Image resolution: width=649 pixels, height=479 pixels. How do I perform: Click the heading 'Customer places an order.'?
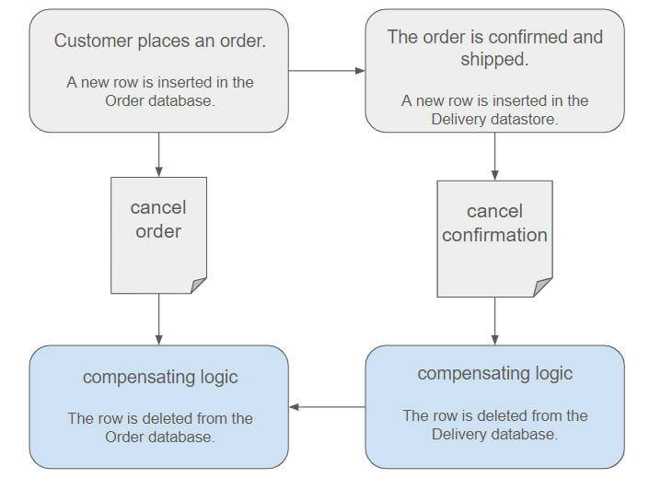(x=160, y=41)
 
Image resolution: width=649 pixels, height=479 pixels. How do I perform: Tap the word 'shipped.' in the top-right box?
(x=494, y=59)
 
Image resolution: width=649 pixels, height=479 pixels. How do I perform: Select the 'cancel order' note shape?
(x=158, y=236)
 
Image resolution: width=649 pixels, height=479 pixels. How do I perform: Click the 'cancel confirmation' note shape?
(x=494, y=239)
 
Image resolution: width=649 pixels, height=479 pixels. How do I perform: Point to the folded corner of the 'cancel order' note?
(x=199, y=286)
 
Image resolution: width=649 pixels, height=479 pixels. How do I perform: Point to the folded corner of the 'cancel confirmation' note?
(x=543, y=287)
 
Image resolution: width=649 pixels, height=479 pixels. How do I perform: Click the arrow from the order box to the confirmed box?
(x=327, y=71)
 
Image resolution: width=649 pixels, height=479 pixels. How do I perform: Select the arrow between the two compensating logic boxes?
(x=327, y=407)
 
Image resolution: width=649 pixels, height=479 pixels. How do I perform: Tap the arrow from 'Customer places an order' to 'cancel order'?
(x=159, y=155)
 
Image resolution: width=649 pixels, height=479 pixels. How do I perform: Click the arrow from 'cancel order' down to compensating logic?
(x=159, y=320)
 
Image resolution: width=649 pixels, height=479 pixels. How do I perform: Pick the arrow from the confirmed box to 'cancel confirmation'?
(x=494, y=157)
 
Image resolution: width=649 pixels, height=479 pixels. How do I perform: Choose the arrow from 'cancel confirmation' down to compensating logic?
(x=494, y=321)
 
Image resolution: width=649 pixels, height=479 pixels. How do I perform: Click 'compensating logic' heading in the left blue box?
(x=160, y=378)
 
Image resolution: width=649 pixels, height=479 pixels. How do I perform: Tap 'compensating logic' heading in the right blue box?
(x=494, y=374)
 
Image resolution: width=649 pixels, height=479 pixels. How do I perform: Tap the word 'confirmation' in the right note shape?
(x=494, y=235)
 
